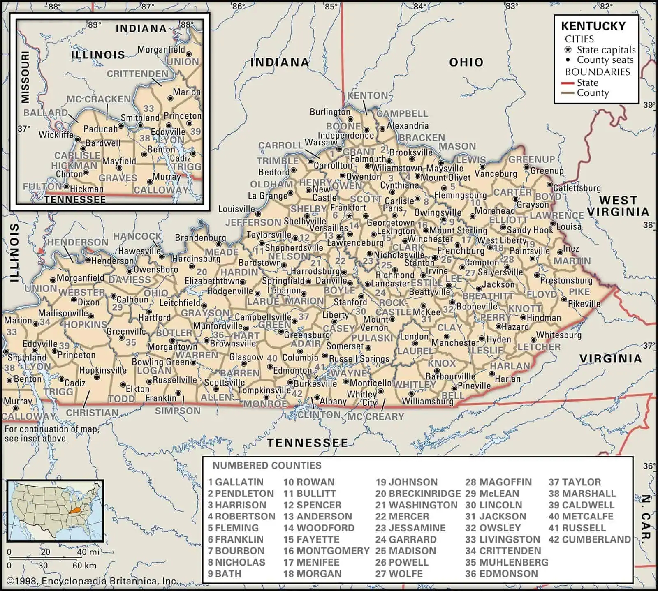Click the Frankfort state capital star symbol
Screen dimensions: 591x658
pyautogui.click(x=349, y=216)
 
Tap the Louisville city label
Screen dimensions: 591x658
pyautogui.click(x=236, y=209)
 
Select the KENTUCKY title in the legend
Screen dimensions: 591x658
pyautogui.click(x=593, y=26)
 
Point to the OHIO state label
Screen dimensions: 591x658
pyautogui.click(x=466, y=62)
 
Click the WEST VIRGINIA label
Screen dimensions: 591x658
pyautogui.click(x=618, y=206)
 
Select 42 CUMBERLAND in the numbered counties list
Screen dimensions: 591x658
pyautogui.click(x=589, y=539)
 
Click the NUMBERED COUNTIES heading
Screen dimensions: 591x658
pyautogui.click(x=266, y=466)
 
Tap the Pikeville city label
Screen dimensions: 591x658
pyautogui.click(x=584, y=304)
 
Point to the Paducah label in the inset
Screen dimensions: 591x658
pyautogui.click(x=100, y=129)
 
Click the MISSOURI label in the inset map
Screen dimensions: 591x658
pyautogui.click(x=25, y=77)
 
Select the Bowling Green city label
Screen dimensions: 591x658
pyautogui.click(x=160, y=362)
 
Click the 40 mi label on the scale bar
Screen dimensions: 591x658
pyautogui.click(x=88, y=552)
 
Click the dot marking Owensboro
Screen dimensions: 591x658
pyautogui.click(x=130, y=271)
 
